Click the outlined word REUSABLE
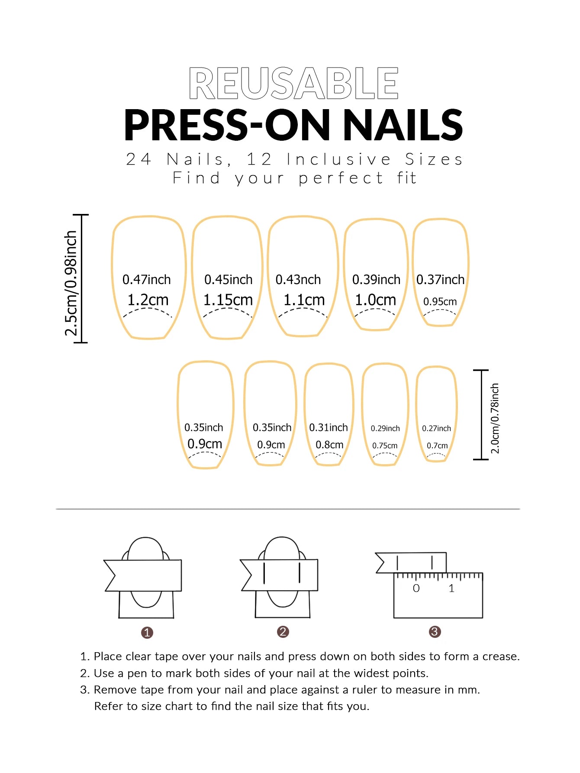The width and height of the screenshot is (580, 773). pyautogui.click(x=293, y=83)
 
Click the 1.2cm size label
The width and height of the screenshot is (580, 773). pyautogui.click(x=148, y=300)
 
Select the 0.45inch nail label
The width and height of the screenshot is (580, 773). pyautogui.click(x=228, y=280)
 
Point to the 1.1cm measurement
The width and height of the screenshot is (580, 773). pyautogui.click(x=304, y=300)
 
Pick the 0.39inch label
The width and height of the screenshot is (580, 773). pyautogui.click(x=376, y=280)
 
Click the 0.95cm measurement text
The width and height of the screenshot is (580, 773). pyautogui.click(x=440, y=301)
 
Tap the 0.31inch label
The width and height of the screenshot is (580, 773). pyautogui.click(x=328, y=428)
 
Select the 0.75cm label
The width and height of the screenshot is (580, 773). pyautogui.click(x=385, y=446)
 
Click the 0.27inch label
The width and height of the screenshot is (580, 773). pyautogui.click(x=436, y=428)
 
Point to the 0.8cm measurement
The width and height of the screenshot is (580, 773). pyautogui.click(x=329, y=445)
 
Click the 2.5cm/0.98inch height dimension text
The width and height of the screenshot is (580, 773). pyautogui.click(x=71, y=283)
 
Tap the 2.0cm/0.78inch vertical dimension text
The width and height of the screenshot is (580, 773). pyautogui.click(x=495, y=418)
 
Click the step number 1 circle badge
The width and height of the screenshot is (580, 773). pyautogui.click(x=147, y=633)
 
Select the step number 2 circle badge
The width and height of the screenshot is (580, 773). pyautogui.click(x=283, y=632)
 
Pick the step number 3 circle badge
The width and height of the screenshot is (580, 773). pyautogui.click(x=435, y=632)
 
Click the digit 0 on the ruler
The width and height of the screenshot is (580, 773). pyautogui.click(x=416, y=589)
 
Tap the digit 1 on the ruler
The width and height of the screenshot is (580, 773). pyautogui.click(x=451, y=589)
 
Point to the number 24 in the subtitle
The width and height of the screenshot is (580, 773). pyautogui.click(x=139, y=159)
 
